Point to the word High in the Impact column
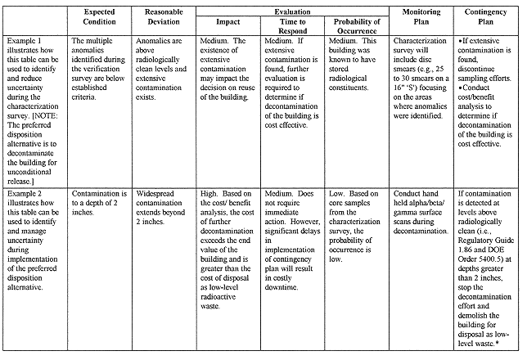pyautogui.click(x=212, y=192)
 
